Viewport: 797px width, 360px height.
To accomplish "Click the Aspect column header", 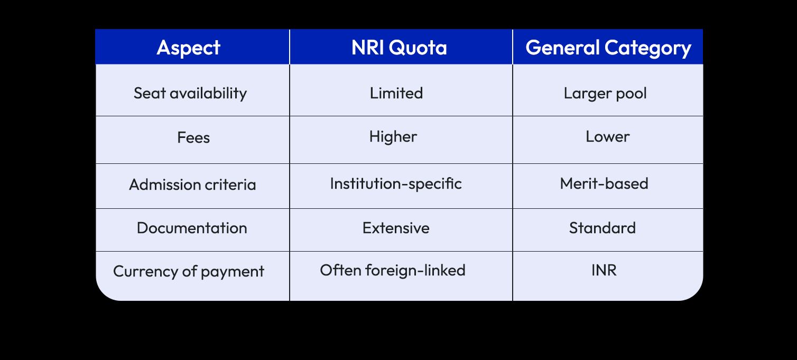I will (189, 48).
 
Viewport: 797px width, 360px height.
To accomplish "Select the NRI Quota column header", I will (399, 48).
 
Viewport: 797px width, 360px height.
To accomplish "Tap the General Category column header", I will (608, 48).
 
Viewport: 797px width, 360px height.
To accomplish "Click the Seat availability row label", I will (190, 93).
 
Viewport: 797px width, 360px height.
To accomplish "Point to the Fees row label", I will (193, 137).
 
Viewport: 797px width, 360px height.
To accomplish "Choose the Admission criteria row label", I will (192, 184).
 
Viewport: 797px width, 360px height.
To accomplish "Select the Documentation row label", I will (192, 228).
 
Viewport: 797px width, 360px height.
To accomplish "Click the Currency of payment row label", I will (189, 271).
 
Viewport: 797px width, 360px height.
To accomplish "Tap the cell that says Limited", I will (396, 93).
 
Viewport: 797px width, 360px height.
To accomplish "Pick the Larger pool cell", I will (605, 93).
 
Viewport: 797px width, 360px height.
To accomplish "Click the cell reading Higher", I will (393, 136).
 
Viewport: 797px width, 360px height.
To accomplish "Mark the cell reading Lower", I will (608, 136).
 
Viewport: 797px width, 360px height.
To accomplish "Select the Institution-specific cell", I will (396, 183).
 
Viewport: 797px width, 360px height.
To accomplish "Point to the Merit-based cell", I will (604, 183).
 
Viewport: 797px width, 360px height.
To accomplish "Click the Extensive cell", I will (396, 228).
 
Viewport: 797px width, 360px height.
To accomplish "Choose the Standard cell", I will (603, 228).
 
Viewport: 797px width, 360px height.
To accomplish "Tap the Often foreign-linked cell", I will (393, 270).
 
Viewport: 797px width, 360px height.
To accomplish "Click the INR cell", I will (604, 270).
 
